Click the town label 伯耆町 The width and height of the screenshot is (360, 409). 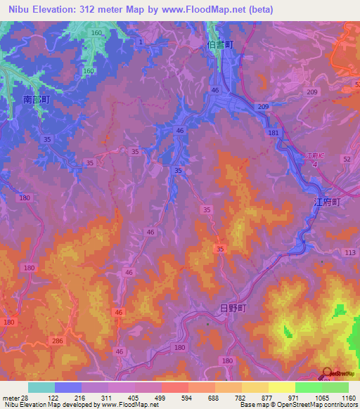click(221, 44)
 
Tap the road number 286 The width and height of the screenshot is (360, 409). click(57, 341)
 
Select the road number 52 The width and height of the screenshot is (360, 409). click(347, 160)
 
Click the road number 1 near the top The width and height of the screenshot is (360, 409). click(141, 43)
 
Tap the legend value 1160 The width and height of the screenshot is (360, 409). click(349, 398)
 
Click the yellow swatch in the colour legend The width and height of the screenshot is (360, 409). click(281, 387)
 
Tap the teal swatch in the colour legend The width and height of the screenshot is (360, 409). click(41, 387)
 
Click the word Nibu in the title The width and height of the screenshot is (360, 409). click(19, 9)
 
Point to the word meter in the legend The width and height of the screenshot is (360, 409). click(11, 398)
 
